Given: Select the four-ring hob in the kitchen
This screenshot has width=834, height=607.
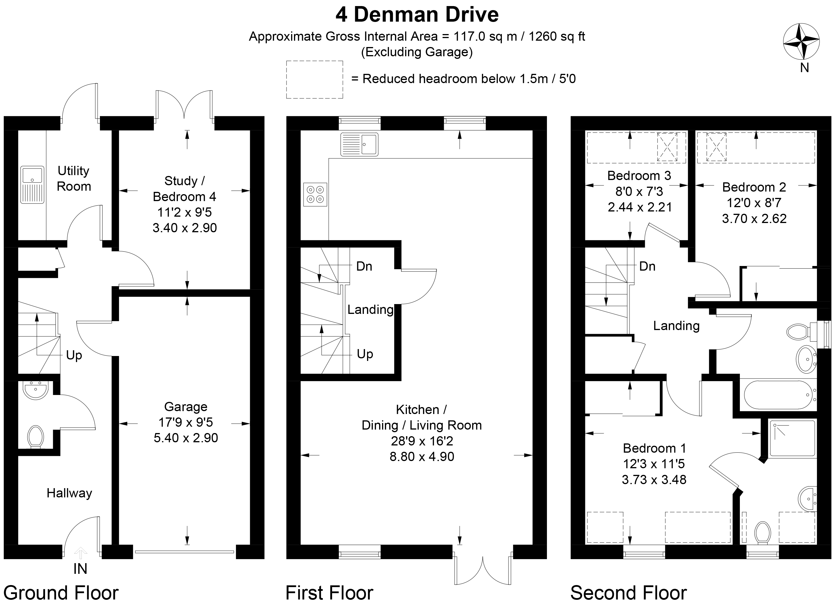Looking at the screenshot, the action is pos(315,194).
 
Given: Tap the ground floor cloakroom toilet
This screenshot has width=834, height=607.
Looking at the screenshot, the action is pos(36,436).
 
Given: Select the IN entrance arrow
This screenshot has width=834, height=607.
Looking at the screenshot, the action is pos(81,553).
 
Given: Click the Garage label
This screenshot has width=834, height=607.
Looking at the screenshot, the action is pos(186,407).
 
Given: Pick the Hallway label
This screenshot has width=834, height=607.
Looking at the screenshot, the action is pos(69,493).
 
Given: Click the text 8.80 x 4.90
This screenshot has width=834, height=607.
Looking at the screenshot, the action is pos(422,457).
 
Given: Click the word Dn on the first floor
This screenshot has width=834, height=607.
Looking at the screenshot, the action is pos(364,266).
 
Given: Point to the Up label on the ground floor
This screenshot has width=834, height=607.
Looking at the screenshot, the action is pos(74,355).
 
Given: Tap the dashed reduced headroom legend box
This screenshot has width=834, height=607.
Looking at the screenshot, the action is pos(314,79).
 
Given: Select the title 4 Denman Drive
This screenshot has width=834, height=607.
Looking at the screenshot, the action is pos(417,15).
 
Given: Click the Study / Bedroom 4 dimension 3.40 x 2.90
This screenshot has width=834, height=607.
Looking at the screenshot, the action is pos(185,228).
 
